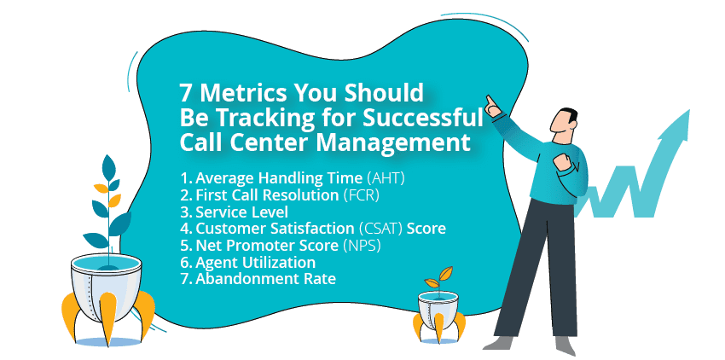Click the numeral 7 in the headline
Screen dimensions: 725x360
click(x=185, y=93)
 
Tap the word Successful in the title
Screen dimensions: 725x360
click(x=422, y=118)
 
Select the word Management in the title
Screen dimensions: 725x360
click(x=393, y=143)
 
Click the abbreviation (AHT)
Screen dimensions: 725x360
click(x=386, y=178)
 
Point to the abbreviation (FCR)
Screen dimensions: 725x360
click(x=361, y=195)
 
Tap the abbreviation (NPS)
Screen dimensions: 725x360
click(x=362, y=246)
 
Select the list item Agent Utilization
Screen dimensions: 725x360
click(x=248, y=263)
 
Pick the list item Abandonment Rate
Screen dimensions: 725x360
click(x=258, y=279)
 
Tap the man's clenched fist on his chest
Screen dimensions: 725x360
click(x=562, y=162)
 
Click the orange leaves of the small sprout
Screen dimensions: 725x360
click(x=439, y=277)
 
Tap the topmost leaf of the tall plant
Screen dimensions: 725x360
click(x=108, y=167)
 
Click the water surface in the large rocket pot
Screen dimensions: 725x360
click(x=106, y=264)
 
